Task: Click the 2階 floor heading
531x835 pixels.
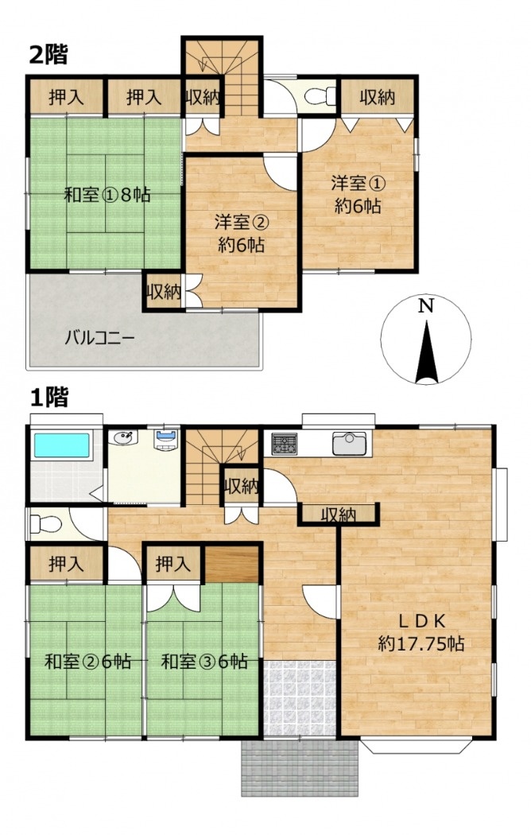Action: (x=48, y=55)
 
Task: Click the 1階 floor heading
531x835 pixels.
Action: (x=49, y=398)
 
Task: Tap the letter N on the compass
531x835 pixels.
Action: (x=425, y=306)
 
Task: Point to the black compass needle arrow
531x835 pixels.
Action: (x=427, y=351)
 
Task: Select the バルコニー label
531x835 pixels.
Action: (x=101, y=338)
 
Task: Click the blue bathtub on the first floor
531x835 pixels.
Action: (x=62, y=445)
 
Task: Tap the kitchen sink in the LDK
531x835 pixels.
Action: (x=349, y=444)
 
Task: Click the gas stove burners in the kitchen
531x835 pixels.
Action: (x=284, y=444)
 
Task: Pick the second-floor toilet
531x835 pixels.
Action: (x=320, y=96)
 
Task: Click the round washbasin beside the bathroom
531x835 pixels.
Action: (x=123, y=437)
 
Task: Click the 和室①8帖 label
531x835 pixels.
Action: (x=107, y=195)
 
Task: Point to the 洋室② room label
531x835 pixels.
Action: (x=241, y=222)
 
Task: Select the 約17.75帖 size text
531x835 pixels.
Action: (x=421, y=643)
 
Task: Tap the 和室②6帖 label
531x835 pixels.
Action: (x=87, y=662)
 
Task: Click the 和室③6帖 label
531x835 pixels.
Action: (x=204, y=662)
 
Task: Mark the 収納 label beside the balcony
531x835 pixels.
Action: (x=163, y=292)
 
